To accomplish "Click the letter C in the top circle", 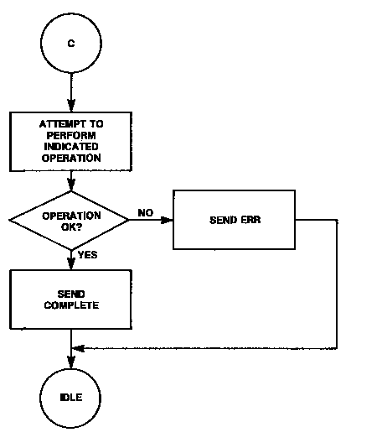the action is click(71, 44).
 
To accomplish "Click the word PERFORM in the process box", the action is click(71, 135).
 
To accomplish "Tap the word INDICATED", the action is click(71, 147).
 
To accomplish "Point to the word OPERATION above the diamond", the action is click(71, 158).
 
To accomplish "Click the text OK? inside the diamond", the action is click(71, 227).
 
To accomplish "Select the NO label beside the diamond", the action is click(146, 213).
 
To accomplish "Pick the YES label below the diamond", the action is click(88, 254).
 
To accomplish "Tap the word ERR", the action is click(250, 220).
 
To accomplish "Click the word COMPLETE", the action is click(71, 305).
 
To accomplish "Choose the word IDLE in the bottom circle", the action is click(71, 398).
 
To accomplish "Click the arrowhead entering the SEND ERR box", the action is click(168, 220).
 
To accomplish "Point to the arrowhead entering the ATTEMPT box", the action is click(71, 106).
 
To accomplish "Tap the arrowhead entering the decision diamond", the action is click(71, 185).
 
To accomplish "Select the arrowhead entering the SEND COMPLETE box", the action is click(71, 263).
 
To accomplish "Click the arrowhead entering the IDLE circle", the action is click(71, 362).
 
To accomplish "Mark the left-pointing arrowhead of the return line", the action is click(78, 348).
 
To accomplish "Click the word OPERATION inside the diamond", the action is click(71, 216).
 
